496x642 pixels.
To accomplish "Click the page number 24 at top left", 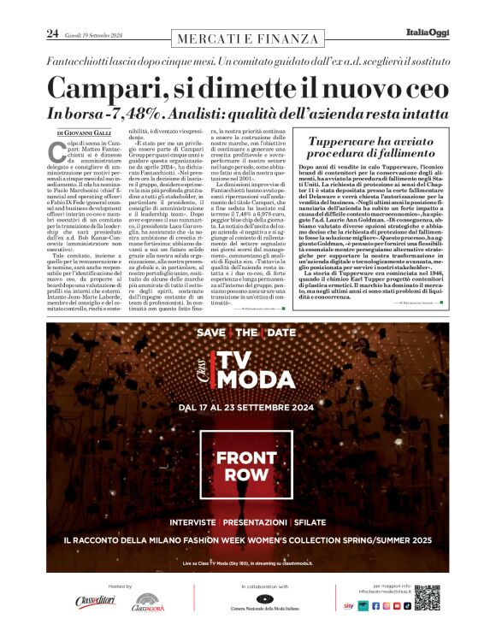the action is pyautogui.click(x=51, y=34).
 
